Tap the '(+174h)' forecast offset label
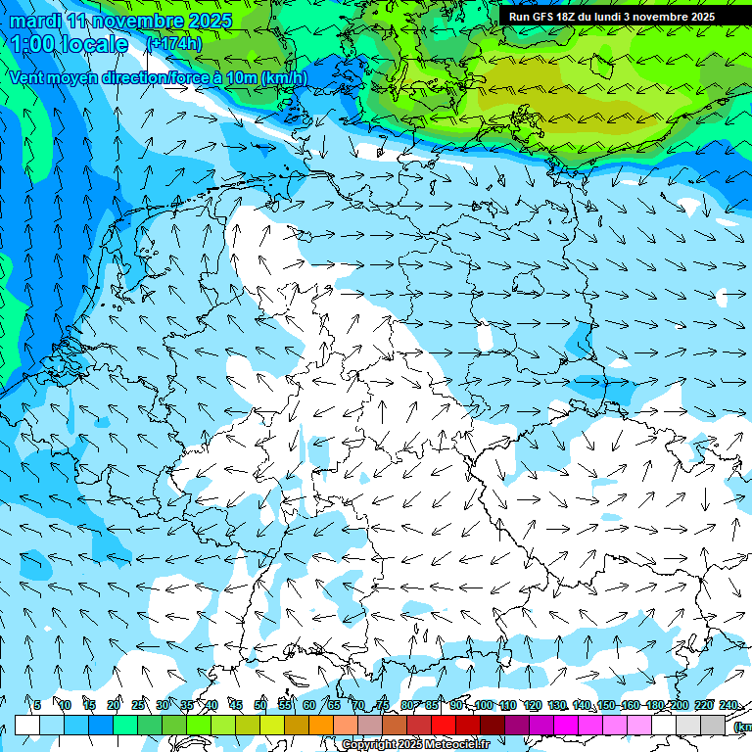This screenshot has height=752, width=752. coord(173,43)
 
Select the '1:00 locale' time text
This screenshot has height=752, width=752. coord(70,44)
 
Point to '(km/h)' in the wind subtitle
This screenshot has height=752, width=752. coord(283,77)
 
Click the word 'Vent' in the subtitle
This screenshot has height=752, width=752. coord(29,77)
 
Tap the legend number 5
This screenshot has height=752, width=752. coord(37,706)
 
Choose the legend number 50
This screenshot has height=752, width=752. coord(260,706)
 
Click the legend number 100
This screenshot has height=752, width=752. coord(484,706)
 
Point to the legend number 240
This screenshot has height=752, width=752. coord(728,706)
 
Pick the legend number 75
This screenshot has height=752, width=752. coord(383,706)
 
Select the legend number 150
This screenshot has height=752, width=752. coord(606,706)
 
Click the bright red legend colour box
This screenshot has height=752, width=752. coord(444,725)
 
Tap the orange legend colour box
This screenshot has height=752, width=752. coord(321,725)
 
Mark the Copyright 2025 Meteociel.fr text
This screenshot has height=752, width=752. coord(414,744)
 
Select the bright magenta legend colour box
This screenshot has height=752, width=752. coord(566,725)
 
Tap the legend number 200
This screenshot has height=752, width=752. coord(680,706)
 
